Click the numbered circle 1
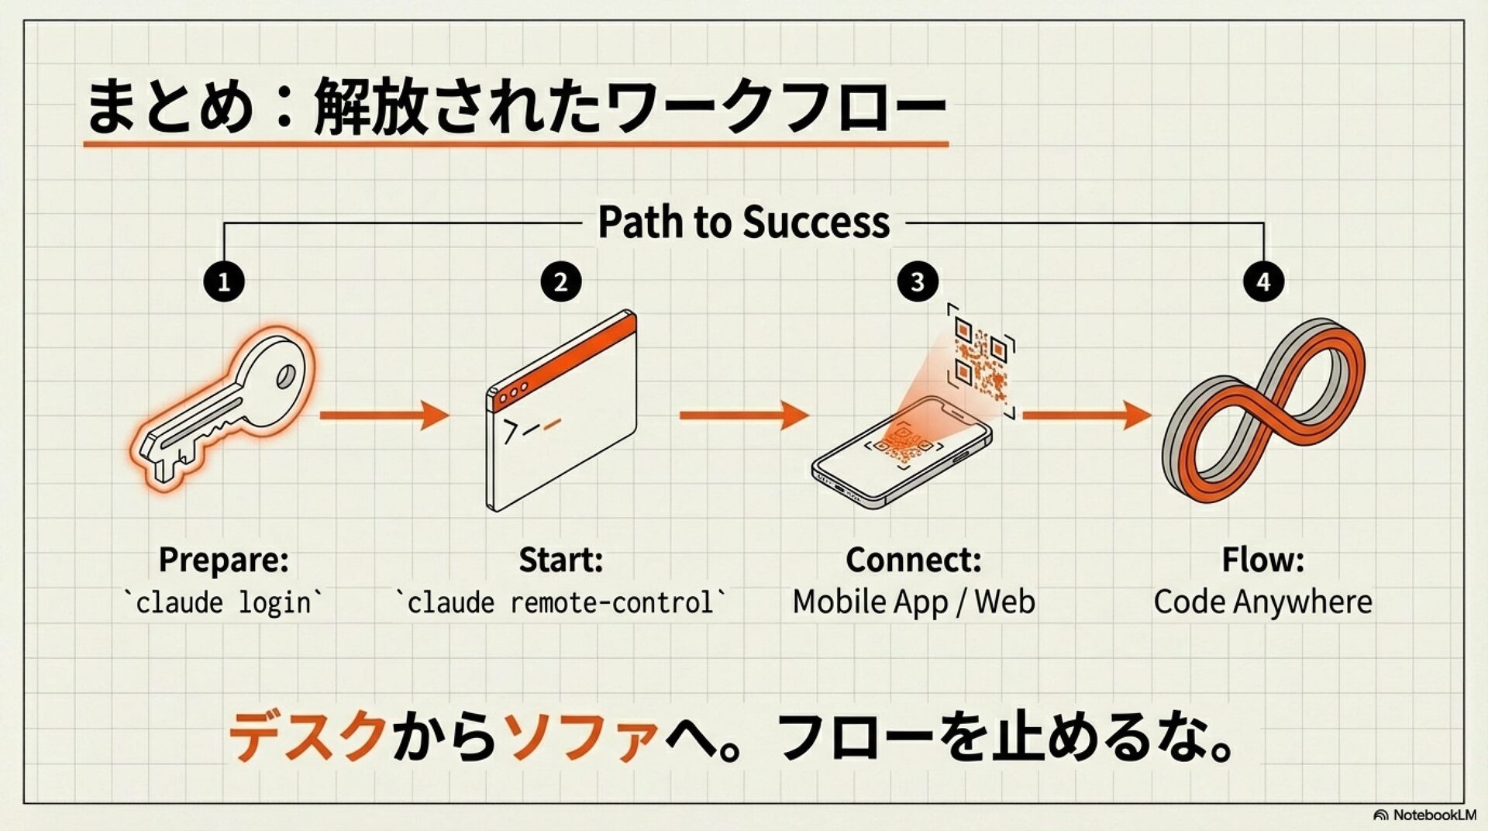click(224, 281)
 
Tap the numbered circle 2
click(560, 281)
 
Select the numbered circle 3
click(918, 281)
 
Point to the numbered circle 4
click(1263, 281)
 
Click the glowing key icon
click(225, 407)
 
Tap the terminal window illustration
click(561, 411)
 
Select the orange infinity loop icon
click(1263, 411)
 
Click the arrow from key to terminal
click(384, 415)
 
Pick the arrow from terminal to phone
click(744, 415)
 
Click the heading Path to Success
click(743, 222)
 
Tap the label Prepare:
click(223, 560)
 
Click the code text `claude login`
click(223, 602)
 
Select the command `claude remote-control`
click(561, 602)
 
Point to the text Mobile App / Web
click(913, 602)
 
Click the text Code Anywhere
click(1262, 602)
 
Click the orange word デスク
click(308, 736)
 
